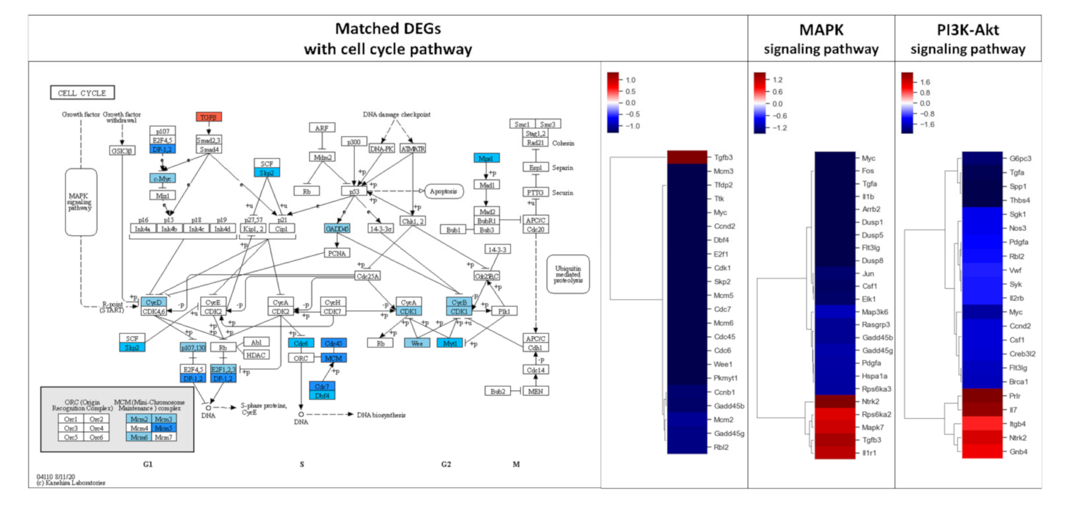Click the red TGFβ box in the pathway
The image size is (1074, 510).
[x=209, y=117]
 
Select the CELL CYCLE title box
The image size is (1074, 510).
[x=82, y=93]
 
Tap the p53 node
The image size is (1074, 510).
[x=354, y=191]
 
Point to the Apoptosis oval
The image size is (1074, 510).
[x=443, y=191]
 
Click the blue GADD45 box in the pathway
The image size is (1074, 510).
[x=337, y=229]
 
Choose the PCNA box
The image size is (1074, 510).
[x=337, y=253]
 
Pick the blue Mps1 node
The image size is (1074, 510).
[x=486, y=158]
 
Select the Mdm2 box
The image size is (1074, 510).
[x=323, y=157]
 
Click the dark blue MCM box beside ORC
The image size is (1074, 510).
[x=333, y=358]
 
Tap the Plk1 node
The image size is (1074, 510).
[x=504, y=311]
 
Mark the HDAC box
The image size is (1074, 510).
[x=256, y=355]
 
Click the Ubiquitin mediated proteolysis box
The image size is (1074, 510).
[x=568, y=274]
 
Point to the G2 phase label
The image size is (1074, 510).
[x=446, y=464]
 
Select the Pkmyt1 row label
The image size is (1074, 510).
[x=725, y=378]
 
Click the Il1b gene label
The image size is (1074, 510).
[x=868, y=197]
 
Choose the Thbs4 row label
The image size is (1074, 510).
[x=1020, y=200]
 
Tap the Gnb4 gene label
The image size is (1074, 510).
[x=1018, y=452]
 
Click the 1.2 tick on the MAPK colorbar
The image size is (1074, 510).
[x=777, y=80]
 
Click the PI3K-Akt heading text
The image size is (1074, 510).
[x=968, y=30]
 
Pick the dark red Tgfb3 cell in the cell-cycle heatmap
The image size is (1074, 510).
[x=687, y=157]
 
